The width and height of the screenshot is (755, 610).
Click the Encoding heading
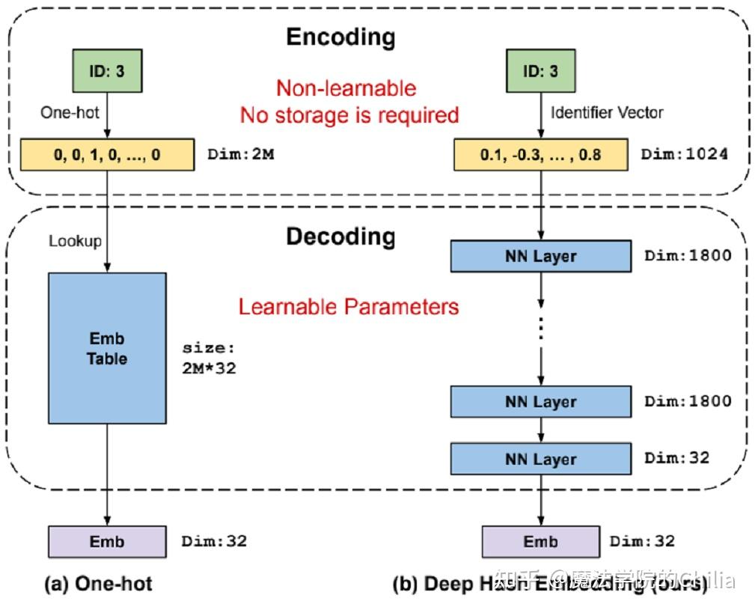pyautogui.click(x=340, y=37)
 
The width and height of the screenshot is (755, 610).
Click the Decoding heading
pyautogui.click(x=340, y=237)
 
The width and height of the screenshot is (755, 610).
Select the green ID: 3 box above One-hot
pyautogui.click(x=107, y=72)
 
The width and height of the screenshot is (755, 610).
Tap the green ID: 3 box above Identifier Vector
pyautogui.click(x=540, y=72)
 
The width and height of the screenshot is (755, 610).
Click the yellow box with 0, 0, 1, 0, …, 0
pyautogui.click(x=107, y=154)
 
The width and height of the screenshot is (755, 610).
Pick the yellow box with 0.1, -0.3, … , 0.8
pyautogui.click(x=540, y=155)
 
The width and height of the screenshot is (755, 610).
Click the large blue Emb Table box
pyautogui.click(x=107, y=348)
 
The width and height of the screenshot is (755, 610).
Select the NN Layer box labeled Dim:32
pyautogui.click(x=540, y=459)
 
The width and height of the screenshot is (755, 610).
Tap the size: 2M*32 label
pyautogui.click(x=209, y=358)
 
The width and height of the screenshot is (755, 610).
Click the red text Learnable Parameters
pyautogui.click(x=349, y=306)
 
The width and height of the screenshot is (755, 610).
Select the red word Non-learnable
pyautogui.click(x=346, y=88)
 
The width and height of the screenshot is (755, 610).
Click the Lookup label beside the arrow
pyautogui.click(x=75, y=241)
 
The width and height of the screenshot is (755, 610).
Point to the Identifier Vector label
pyautogui.click(x=607, y=113)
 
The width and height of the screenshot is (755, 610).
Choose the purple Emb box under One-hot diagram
pyautogui.click(x=107, y=541)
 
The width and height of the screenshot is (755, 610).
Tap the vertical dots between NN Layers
pyautogui.click(x=540, y=329)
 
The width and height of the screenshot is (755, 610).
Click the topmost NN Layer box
pyautogui.click(x=540, y=257)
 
